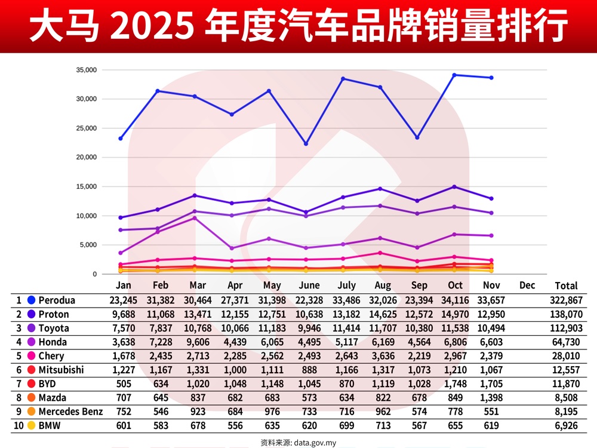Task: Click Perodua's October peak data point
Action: point(454,75)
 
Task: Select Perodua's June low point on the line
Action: point(306,144)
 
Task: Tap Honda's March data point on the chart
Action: point(195,218)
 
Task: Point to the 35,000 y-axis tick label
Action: point(86,70)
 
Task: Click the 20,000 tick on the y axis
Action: point(86,158)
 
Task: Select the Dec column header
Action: point(527,286)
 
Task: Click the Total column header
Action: point(566,286)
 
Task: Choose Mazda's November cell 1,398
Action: point(491,397)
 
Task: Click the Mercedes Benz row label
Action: point(70,412)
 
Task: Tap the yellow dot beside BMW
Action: point(31,425)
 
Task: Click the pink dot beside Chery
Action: point(31,356)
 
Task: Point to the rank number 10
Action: point(19,425)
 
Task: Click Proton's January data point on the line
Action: point(121,217)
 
